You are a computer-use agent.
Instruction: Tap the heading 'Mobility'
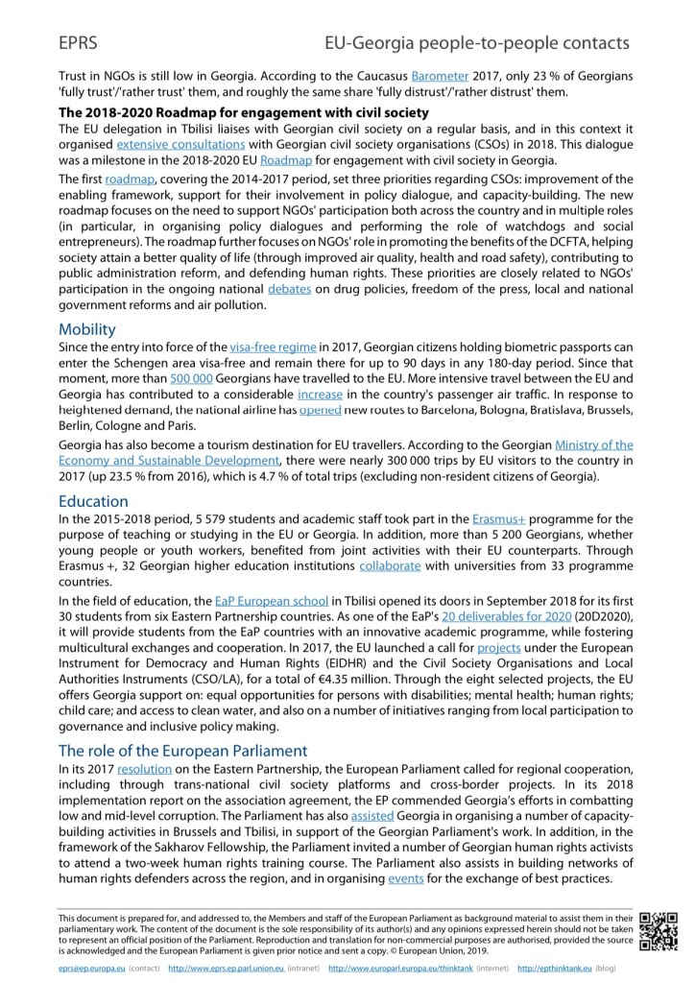[87, 329]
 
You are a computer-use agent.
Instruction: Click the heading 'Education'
[93, 500]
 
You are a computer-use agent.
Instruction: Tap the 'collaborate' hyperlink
[390, 566]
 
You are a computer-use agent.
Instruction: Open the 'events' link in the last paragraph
[407, 879]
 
